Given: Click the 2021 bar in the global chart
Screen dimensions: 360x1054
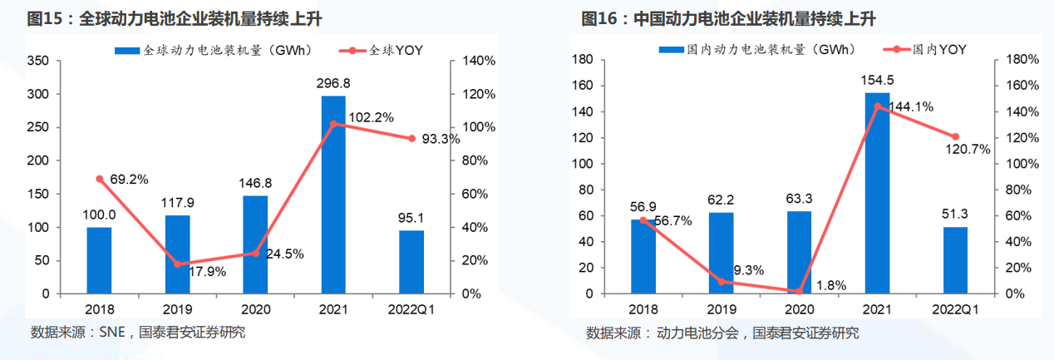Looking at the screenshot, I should [x=333, y=195].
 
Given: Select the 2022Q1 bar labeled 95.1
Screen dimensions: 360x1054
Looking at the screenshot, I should [x=411, y=262].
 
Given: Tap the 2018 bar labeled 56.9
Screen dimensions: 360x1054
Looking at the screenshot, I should [x=643, y=257].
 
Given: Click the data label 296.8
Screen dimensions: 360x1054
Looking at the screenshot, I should [x=333, y=83].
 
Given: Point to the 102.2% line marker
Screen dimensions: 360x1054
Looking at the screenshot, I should [x=333, y=124].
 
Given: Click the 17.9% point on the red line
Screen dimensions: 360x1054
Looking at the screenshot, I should [x=177, y=264].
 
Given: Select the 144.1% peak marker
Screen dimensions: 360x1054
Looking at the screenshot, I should [x=877, y=106].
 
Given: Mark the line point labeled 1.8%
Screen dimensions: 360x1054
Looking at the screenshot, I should [x=799, y=292].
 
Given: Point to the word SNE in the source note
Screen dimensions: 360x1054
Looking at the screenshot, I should [x=112, y=333].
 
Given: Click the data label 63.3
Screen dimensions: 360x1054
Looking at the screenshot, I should [x=800, y=199].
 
